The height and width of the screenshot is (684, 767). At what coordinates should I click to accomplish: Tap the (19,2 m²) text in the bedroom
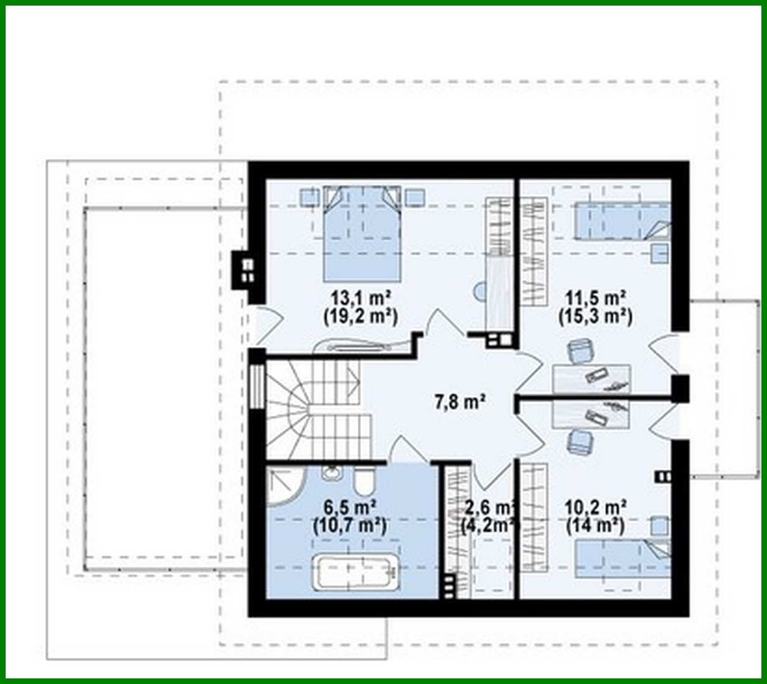360,316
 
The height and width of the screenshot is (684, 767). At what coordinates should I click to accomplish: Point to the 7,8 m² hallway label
459,402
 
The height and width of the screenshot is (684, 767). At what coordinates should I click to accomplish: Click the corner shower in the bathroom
283,490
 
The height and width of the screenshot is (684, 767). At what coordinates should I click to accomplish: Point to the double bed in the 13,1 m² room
361,234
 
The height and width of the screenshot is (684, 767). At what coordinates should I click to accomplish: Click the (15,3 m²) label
595,316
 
